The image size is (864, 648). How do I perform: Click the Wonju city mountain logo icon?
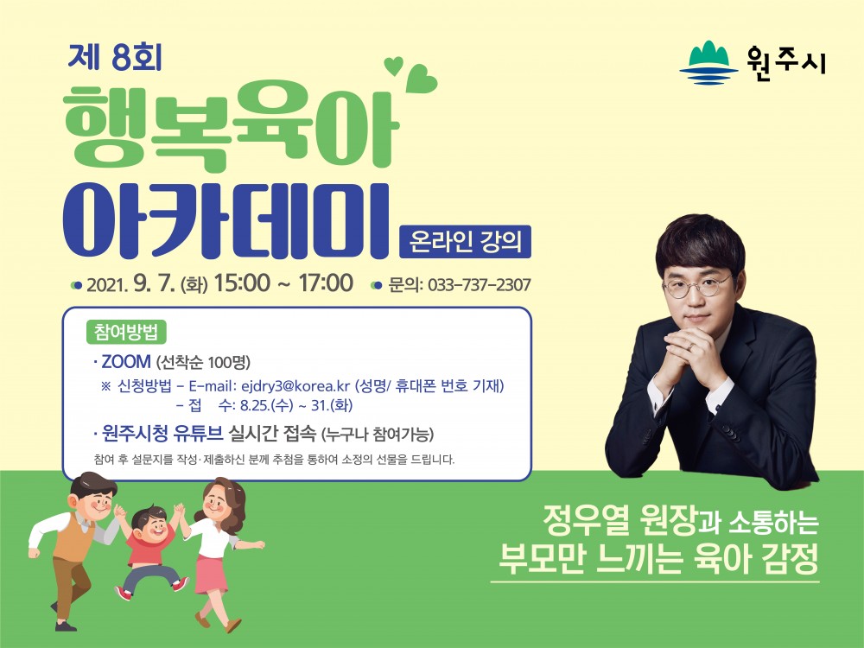[708, 62]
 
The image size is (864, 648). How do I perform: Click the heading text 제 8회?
[115, 57]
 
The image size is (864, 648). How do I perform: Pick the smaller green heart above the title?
[393, 66]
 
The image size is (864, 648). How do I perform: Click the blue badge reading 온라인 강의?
[465, 241]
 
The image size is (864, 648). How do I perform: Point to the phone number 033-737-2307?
[479, 285]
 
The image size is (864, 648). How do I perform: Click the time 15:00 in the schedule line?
[242, 283]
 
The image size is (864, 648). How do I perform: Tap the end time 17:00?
[326, 283]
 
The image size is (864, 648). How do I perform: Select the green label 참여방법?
[126, 333]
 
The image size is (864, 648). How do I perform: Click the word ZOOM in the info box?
[126, 361]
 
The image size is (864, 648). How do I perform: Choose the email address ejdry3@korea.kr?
[295, 385]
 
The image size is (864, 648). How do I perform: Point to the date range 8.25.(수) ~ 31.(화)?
[295, 405]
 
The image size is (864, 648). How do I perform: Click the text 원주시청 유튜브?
[162, 435]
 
